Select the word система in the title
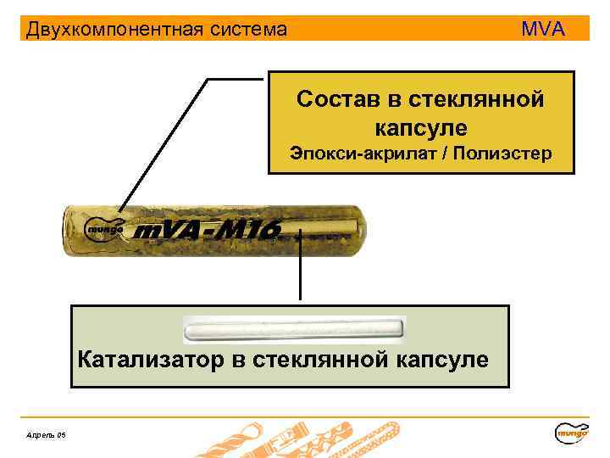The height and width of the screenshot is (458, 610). tap(245, 31)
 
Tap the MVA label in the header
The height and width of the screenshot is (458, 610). tap(543, 30)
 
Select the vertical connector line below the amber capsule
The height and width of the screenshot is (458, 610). tap(299, 267)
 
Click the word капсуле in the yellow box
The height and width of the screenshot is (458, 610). tap(420, 128)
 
